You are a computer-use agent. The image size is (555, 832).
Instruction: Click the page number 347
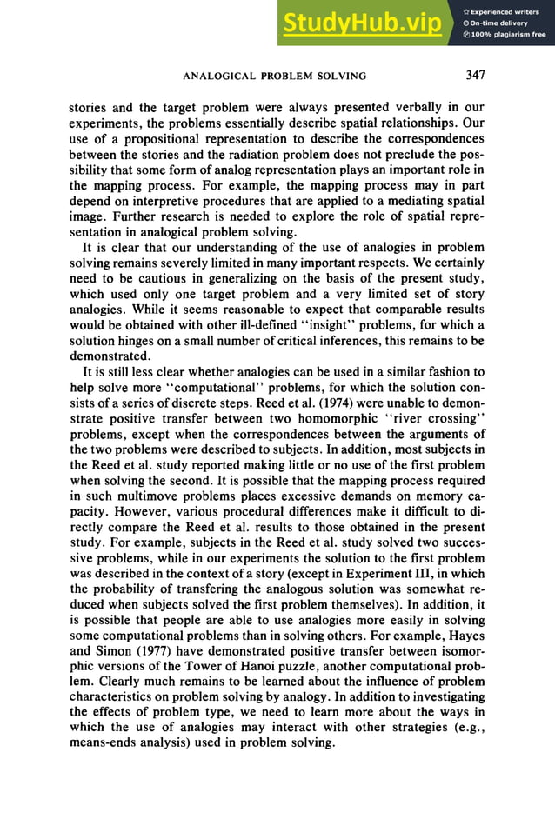pos(475,75)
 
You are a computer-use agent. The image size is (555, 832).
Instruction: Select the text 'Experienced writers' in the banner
pos(506,11)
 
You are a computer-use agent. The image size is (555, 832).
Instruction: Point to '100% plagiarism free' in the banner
pos(505,34)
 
